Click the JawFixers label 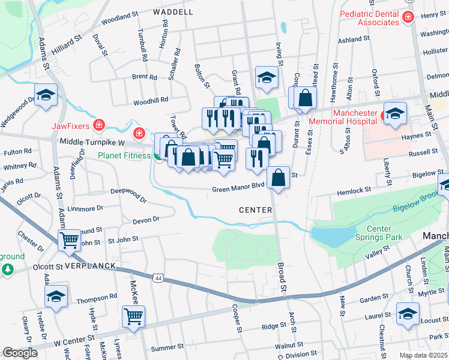tap(70, 126)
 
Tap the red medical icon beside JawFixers tap(100, 126)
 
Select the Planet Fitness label tap(124, 156)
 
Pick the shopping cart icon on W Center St tap(133, 316)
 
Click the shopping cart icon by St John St tap(70, 239)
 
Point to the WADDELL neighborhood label tap(173, 12)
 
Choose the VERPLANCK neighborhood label tap(89, 265)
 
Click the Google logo tap(20, 353)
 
